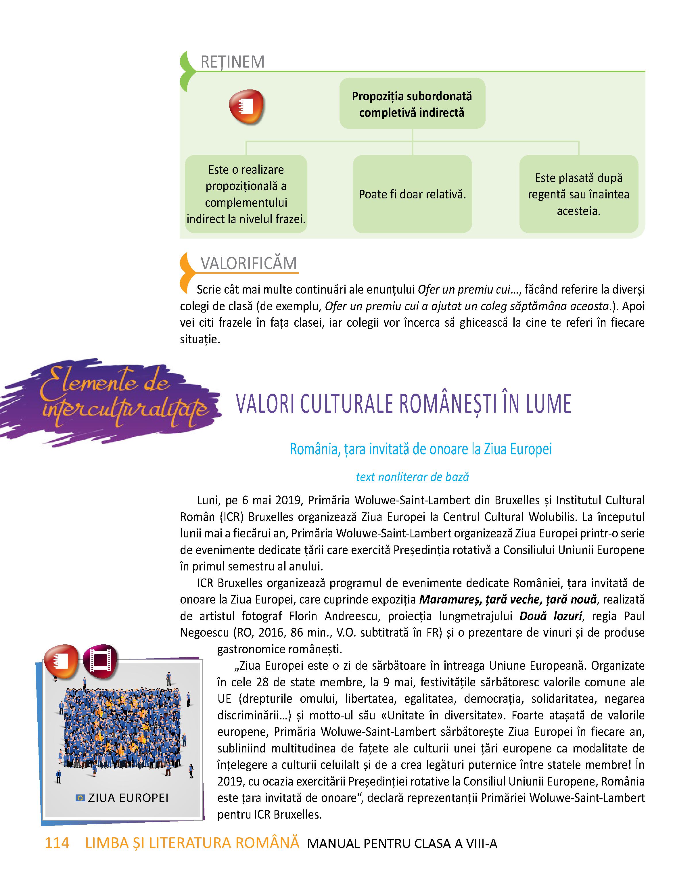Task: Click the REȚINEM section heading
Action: click(x=232, y=62)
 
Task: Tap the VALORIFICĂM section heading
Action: click(x=249, y=263)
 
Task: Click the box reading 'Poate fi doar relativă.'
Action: click(x=412, y=194)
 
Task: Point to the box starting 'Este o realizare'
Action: click(x=246, y=194)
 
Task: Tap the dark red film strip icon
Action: click(x=100, y=659)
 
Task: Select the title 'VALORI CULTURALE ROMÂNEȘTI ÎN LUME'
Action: click(x=403, y=403)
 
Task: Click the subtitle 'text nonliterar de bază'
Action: click(x=412, y=477)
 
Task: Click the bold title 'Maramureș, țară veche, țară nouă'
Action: click(x=508, y=599)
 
